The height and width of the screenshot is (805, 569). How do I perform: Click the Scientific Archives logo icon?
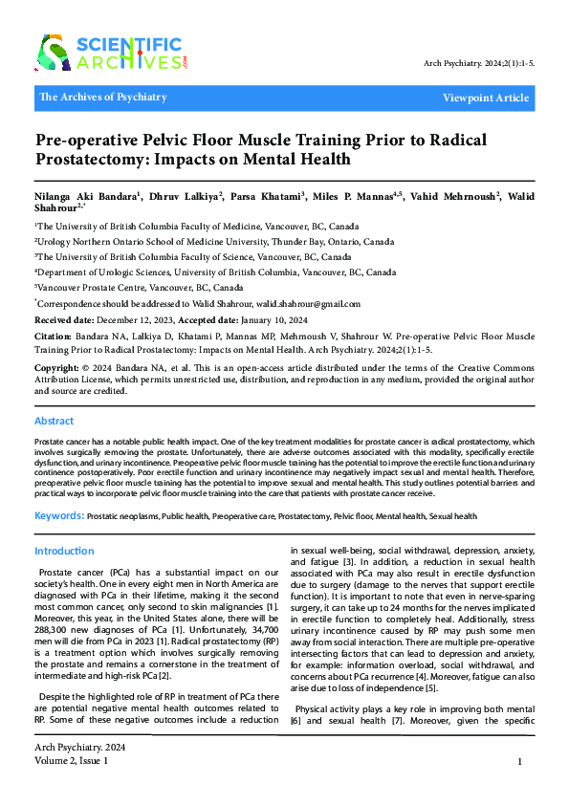click(x=53, y=53)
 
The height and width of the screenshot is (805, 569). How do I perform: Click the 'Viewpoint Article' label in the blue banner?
click(x=485, y=98)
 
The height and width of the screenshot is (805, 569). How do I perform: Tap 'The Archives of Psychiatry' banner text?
click(x=103, y=98)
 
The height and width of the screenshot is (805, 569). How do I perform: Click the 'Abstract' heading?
click(x=55, y=421)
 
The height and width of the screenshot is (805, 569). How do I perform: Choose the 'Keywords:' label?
click(x=58, y=516)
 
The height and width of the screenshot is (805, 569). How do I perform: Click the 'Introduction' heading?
click(x=64, y=552)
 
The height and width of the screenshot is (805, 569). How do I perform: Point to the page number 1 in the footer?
click(x=518, y=762)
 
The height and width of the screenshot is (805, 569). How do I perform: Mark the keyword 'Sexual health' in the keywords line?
click(x=453, y=516)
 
